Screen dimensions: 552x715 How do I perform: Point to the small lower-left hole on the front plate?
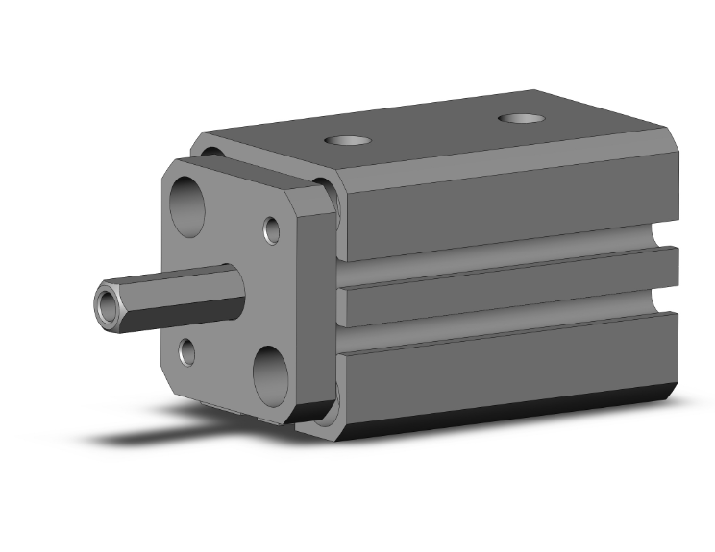(187, 352)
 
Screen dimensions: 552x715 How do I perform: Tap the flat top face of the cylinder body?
(432, 134)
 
